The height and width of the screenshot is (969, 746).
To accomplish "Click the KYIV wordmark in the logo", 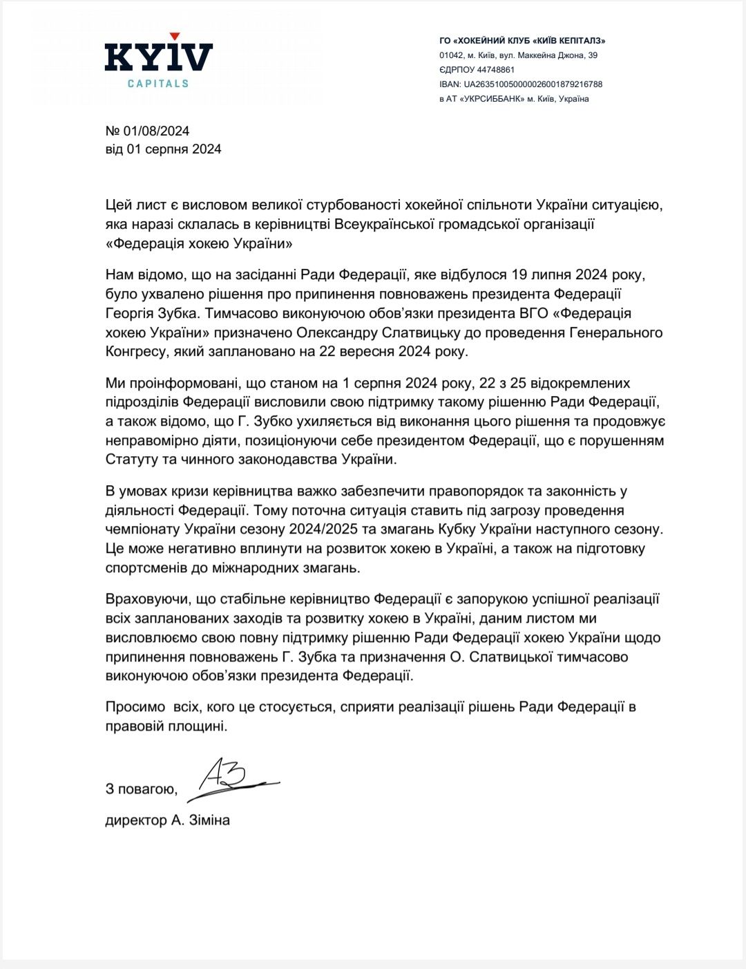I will click(x=158, y=57).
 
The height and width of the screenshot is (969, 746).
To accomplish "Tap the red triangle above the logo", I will click(x=175, y=36).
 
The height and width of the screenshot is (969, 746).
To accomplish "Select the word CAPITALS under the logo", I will click(x=158, y=84).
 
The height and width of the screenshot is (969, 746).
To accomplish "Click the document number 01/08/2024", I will click(x=156, y=131).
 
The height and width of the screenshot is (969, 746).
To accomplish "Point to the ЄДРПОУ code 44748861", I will click(x=496, y=70).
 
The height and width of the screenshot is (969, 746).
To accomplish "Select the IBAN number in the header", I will click(x=533, y=84).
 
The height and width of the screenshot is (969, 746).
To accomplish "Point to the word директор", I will click(x=136, y=820).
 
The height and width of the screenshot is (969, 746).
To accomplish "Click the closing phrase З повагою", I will click(x=141, y=789).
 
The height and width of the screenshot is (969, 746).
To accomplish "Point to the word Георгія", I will click(x=133, y=313).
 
